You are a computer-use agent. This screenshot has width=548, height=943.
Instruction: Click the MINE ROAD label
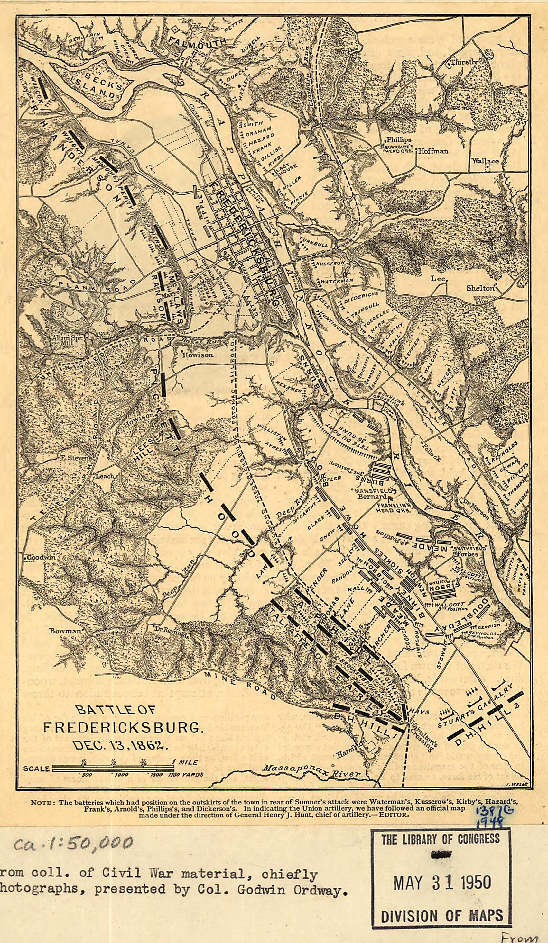point(239,682)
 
